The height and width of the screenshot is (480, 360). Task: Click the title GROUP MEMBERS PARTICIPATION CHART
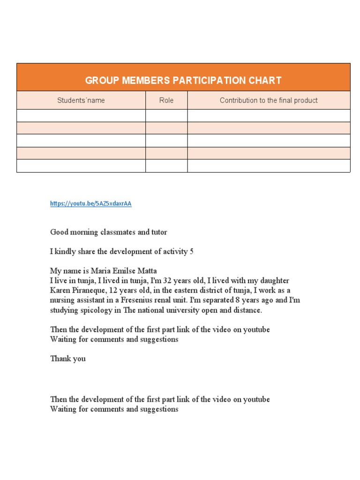pyautogui.click(x=183, y=80)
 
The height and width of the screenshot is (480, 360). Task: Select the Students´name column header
pyautogui.click(x=81, y=100)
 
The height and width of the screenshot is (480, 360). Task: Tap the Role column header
pyautogui.click(x=166, y=100)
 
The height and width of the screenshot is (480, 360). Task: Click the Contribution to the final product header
pyautogui.click(x=269, y=100)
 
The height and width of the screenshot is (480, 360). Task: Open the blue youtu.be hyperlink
pyautogui.click(x=90, y=204)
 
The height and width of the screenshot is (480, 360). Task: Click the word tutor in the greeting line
pyautogui.click(x=158, y=232)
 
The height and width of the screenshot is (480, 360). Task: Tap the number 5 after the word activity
pyautogui.click(x=191, y=251)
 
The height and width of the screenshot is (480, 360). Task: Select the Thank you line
pyautogui.click(x=68, y=359)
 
